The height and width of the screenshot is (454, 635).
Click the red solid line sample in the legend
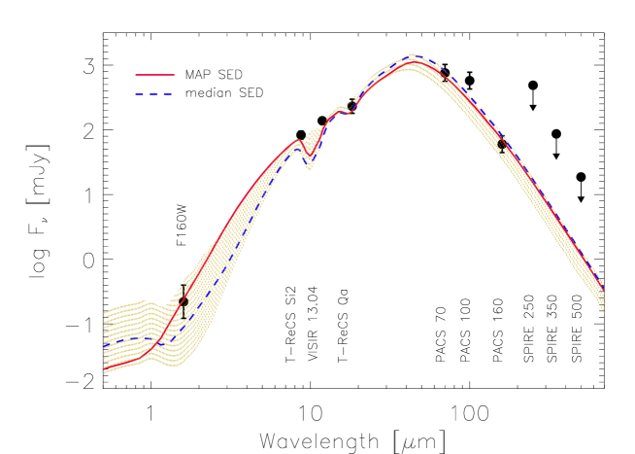coord(155,75)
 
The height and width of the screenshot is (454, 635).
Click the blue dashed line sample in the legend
coord(154,94)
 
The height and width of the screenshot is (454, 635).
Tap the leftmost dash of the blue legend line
coord(139,94)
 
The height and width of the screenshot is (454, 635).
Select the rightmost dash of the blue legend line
coord(169,94)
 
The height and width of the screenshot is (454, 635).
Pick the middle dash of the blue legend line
coord(154,94)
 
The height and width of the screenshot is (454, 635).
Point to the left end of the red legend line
coord(136,75)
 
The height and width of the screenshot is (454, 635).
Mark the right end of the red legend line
coord(175,75)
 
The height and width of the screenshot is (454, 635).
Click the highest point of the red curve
coord(410,62)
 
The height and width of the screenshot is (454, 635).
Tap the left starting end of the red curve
coord(105,370)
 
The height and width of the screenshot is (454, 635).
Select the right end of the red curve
coord(603,290)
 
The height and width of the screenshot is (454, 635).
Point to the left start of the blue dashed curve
coord(105,345)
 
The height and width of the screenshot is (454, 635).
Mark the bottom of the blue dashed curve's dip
coord(309,161)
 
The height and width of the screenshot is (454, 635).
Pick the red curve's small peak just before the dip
coord(298,141)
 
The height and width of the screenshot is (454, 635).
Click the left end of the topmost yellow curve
coord(105,312)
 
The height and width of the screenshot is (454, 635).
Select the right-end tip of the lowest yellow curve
coord(604,312)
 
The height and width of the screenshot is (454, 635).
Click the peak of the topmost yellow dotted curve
coord(410,54)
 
